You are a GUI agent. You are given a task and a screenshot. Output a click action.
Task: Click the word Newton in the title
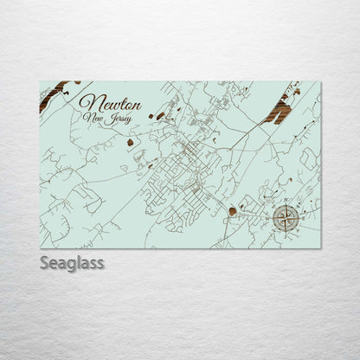tap(109, 104)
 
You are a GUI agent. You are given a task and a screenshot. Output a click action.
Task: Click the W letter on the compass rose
tap(272, 218)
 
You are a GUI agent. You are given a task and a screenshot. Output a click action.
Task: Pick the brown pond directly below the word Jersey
tap(130, 142)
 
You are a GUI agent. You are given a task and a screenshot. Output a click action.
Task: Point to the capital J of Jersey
tap(106, 120)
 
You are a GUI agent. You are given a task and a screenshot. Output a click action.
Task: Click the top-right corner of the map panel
tap(321, 82)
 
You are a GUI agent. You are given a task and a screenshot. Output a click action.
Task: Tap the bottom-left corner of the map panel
tap(40, 248)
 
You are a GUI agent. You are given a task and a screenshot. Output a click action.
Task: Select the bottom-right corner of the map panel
tap(321, 248)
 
